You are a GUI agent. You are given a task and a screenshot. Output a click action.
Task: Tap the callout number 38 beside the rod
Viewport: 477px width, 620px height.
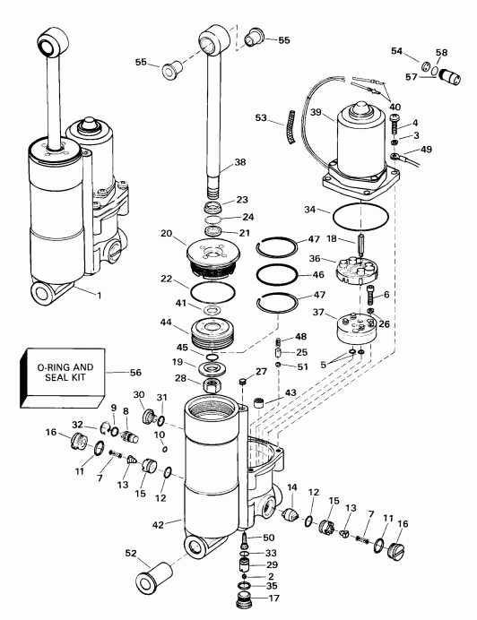(238, 163)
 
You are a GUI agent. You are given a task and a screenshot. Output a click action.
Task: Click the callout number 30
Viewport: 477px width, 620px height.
(139, 395)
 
